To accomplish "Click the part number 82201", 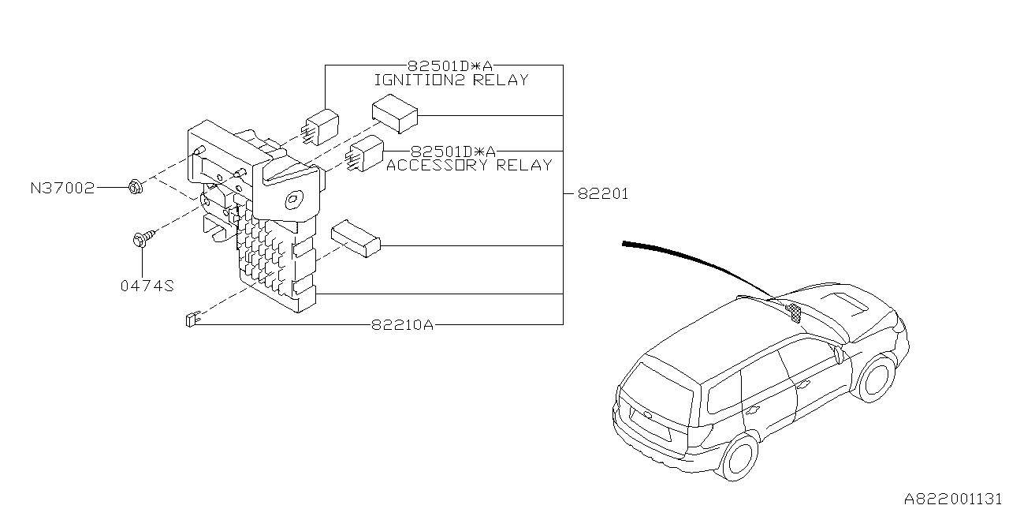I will point(603,193).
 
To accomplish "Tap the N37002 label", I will point(62,188).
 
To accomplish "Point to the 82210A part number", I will point(402,324).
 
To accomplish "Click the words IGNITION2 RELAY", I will point(450,80).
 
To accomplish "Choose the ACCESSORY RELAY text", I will point(469,165).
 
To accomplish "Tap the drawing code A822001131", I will point(955,498).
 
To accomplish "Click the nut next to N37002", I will point(134,188).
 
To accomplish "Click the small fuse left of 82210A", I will point(190,319).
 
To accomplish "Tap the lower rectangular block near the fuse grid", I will point(356,238).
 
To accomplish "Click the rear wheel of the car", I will point(739,456).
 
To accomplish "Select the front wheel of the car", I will point(875,378).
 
